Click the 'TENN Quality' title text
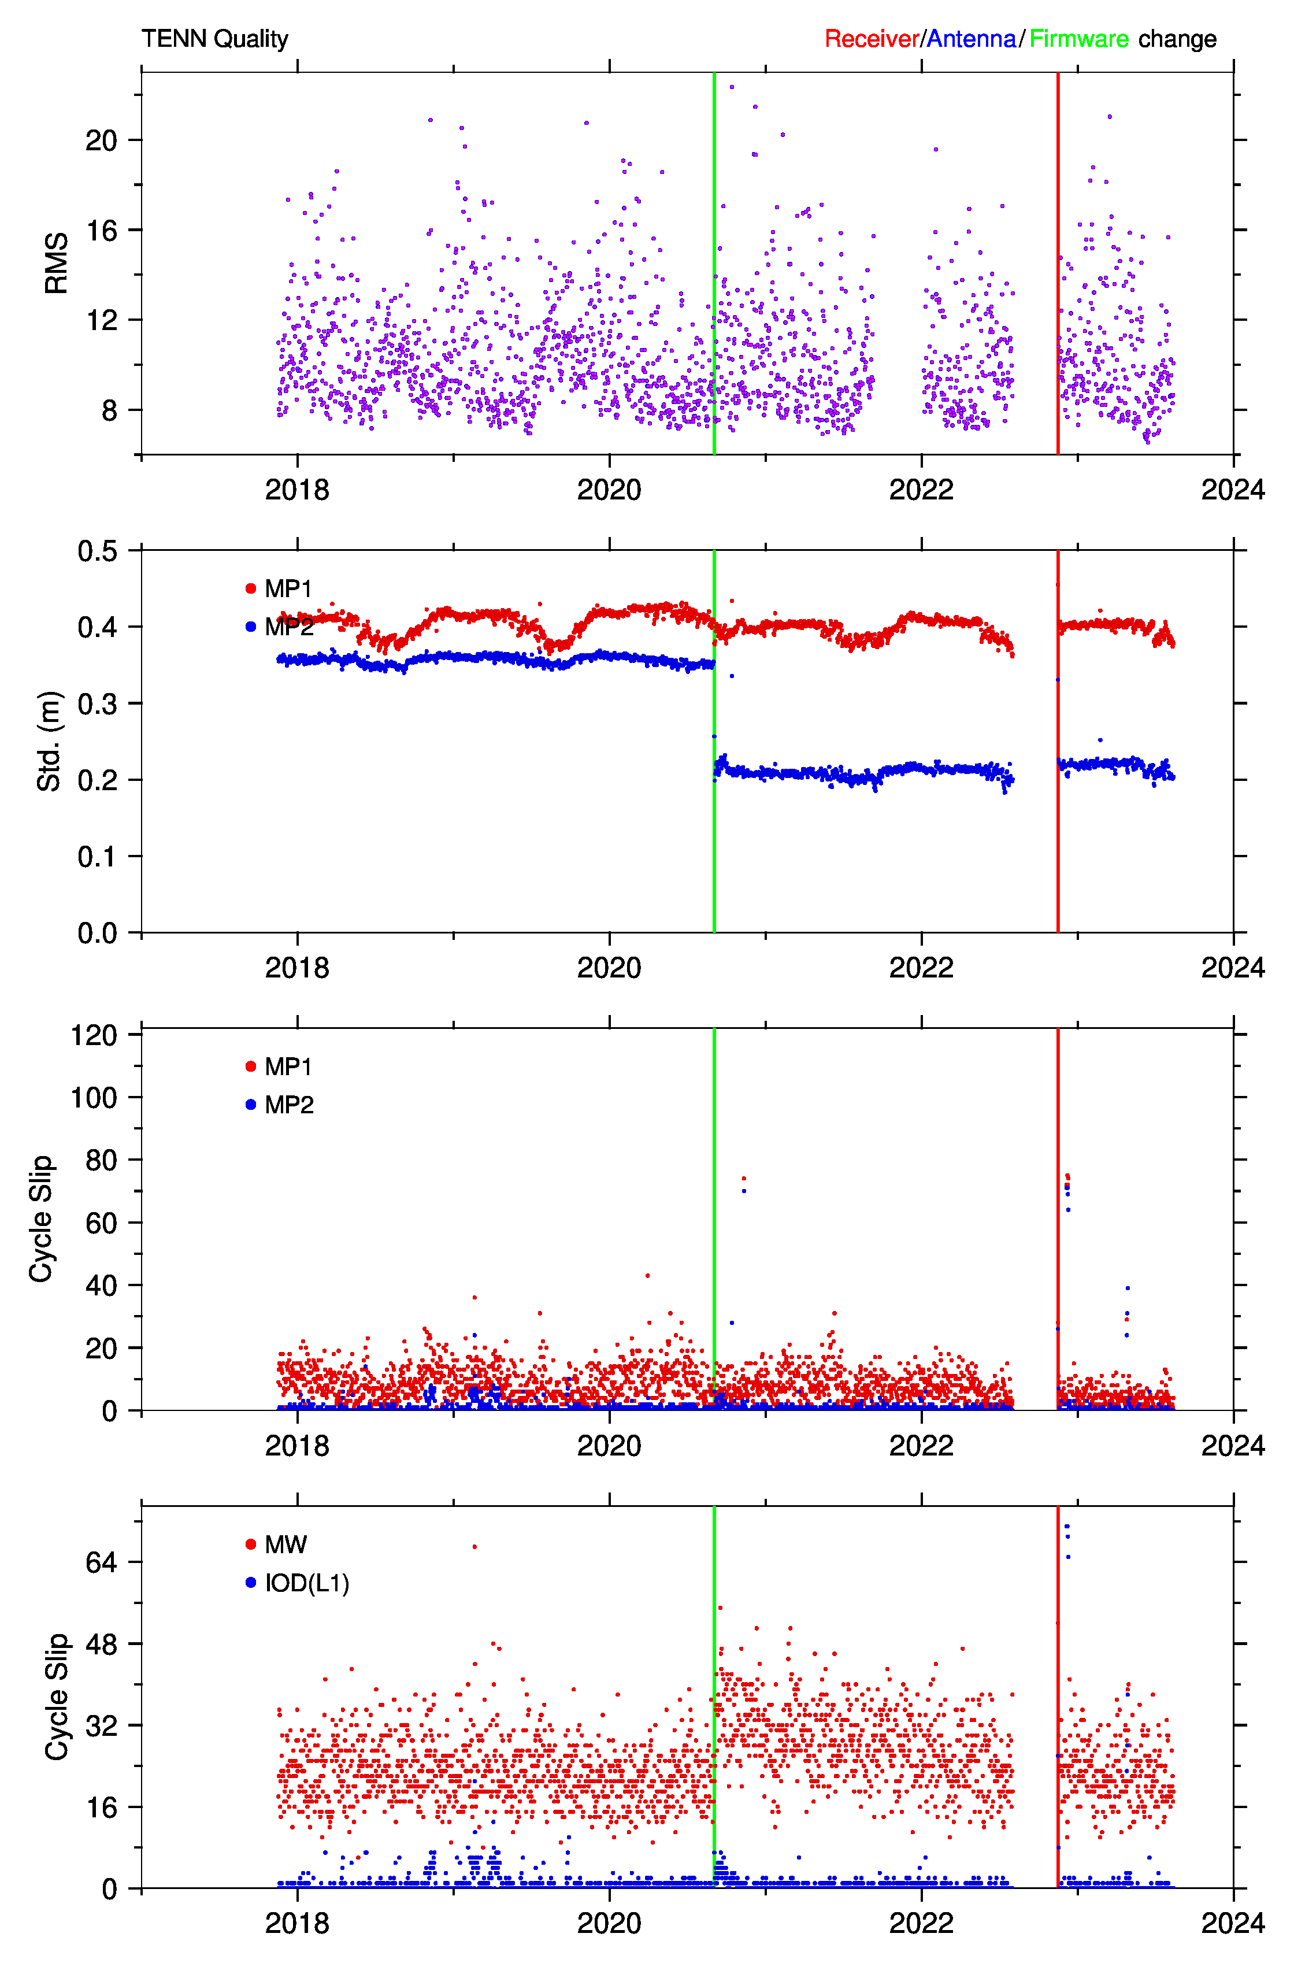[x=214, y=39]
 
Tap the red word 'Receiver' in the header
[x=872, y=39]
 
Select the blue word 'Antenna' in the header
[x=972, y=39]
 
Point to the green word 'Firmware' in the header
[x=1078, y=39]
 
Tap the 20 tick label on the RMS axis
[x=102, y=140]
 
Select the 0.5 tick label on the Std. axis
[x=97, y=550]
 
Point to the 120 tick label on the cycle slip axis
[x=94, y=1035]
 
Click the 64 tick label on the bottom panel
[x=102, y=1562]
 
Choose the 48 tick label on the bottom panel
[x=102, y=1644]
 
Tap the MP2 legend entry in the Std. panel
[x=280, y=627]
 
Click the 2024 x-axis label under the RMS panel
[x=1233, y=490]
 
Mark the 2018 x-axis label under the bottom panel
[x=297, y=1923]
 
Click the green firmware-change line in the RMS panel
[x=714, y=263]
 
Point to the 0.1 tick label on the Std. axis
[x=97, y=857]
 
